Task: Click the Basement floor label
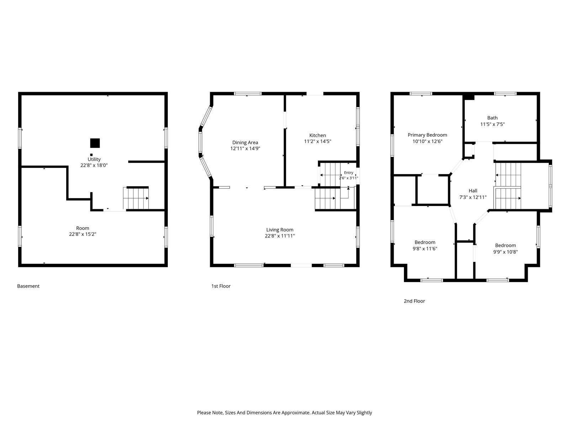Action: pos(28,286)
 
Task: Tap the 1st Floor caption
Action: pos(221,286)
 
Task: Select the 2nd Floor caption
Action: pos(414,301)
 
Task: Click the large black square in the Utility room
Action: pos(95,143)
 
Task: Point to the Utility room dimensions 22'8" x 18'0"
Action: pos(94,165)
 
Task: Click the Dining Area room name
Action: pos(245,142)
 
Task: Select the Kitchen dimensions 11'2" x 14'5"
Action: pos(318,141)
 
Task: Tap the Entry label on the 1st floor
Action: pos(349,173)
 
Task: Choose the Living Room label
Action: pos(280,230)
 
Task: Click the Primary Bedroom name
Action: pos(427,135)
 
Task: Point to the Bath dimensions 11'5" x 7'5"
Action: pos(492,124)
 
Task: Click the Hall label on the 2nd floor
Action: pos(473,191)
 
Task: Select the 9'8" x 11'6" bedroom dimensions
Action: pos(425,249)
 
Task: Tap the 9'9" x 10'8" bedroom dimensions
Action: pos(505,252)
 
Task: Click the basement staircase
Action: pos(135,198)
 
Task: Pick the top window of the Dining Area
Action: pos(248,94)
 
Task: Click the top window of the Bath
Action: pos(505,94)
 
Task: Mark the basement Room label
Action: pos(83,228)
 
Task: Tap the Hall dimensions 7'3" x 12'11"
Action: pos(473,197)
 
